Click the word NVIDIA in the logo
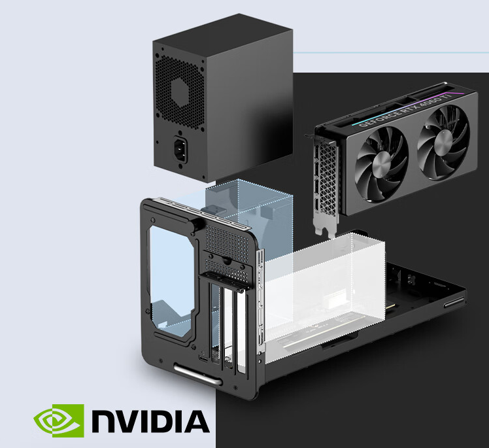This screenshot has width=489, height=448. (150, 421)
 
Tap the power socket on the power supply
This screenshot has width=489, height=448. (181, 150)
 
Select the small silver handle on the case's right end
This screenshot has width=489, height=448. (454, 303)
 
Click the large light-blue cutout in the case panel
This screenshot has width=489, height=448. (171, 275)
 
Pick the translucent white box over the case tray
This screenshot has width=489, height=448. (327, 288)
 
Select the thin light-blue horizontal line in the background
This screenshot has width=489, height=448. (392, 53)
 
